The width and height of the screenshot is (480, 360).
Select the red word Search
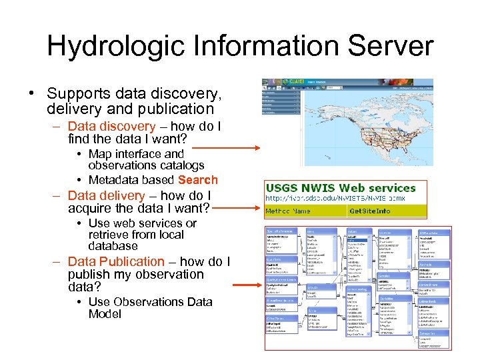(198, 179)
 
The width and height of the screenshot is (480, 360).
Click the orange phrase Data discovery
(111, 127)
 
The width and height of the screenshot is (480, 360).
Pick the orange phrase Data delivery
(106, 195)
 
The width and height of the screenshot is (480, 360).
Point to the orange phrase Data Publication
(116, 261)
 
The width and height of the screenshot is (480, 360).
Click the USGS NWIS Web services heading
(340, 188)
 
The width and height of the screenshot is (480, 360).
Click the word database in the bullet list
(113, 246)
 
